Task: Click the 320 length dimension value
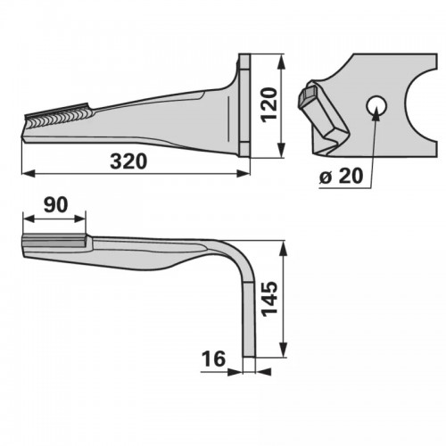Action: tap(128, 161)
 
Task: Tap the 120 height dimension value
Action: tap(269, 104)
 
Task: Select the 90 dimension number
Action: tap(55, 205)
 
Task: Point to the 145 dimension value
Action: tap(269, 299)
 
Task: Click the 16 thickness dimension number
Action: tap(213, 359)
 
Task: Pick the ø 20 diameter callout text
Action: tap(341, 176)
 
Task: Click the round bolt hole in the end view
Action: tap(376, 106)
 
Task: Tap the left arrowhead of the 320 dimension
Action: tap(29, 174)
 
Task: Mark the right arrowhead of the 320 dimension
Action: tap(243, 174)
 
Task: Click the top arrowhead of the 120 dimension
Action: tap(281, 62)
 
